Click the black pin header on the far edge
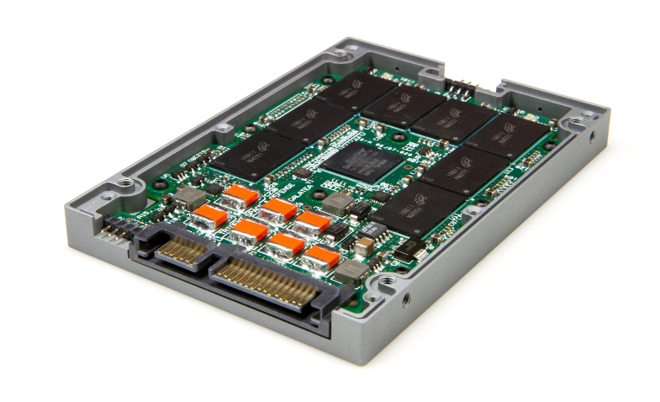coord(461,87)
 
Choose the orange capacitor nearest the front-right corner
coord(321,257)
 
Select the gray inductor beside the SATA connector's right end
coord(352,269)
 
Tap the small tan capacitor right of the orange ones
coord(364,246)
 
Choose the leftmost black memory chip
coord(245,156)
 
